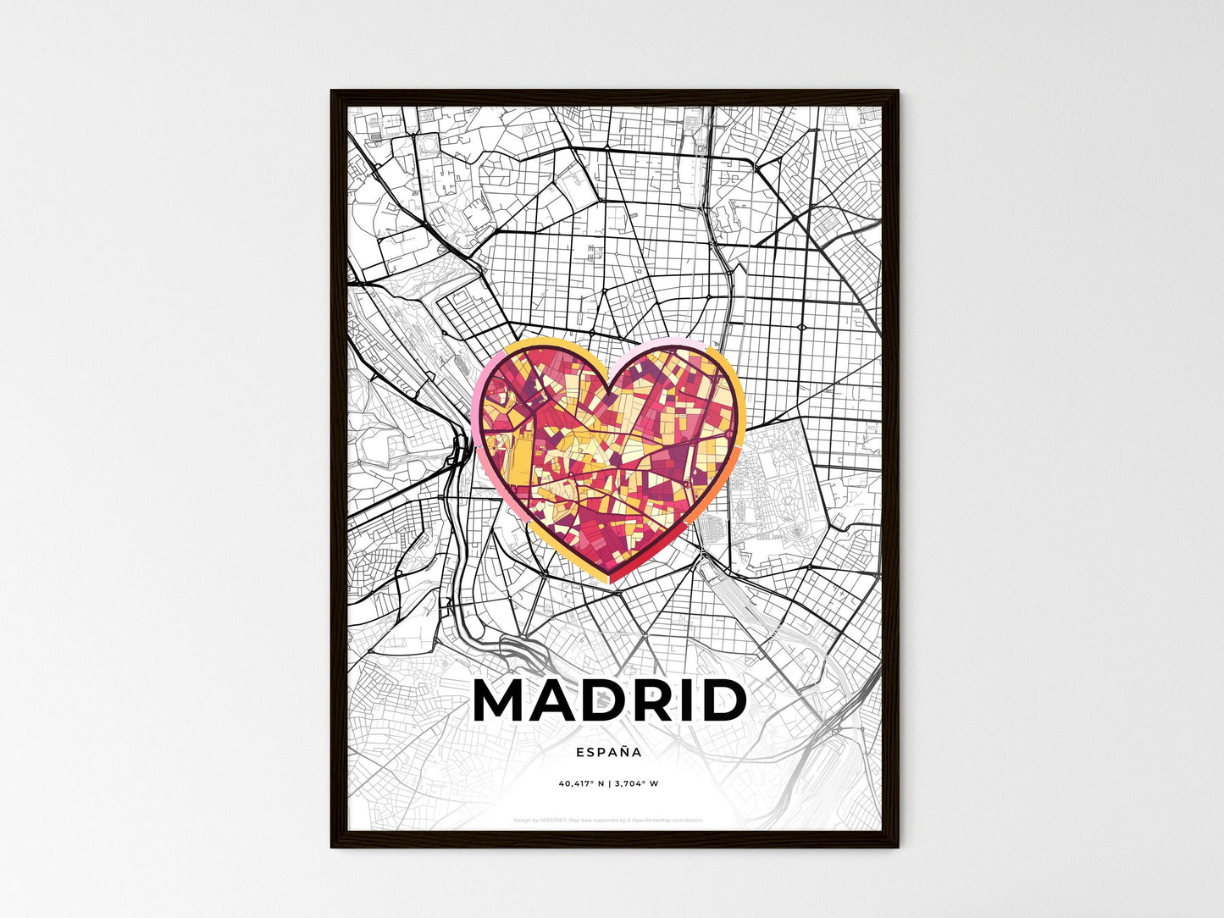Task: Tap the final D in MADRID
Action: pos(723,701)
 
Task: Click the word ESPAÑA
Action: pos(608,751)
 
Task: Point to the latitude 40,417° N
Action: pos(580,783)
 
